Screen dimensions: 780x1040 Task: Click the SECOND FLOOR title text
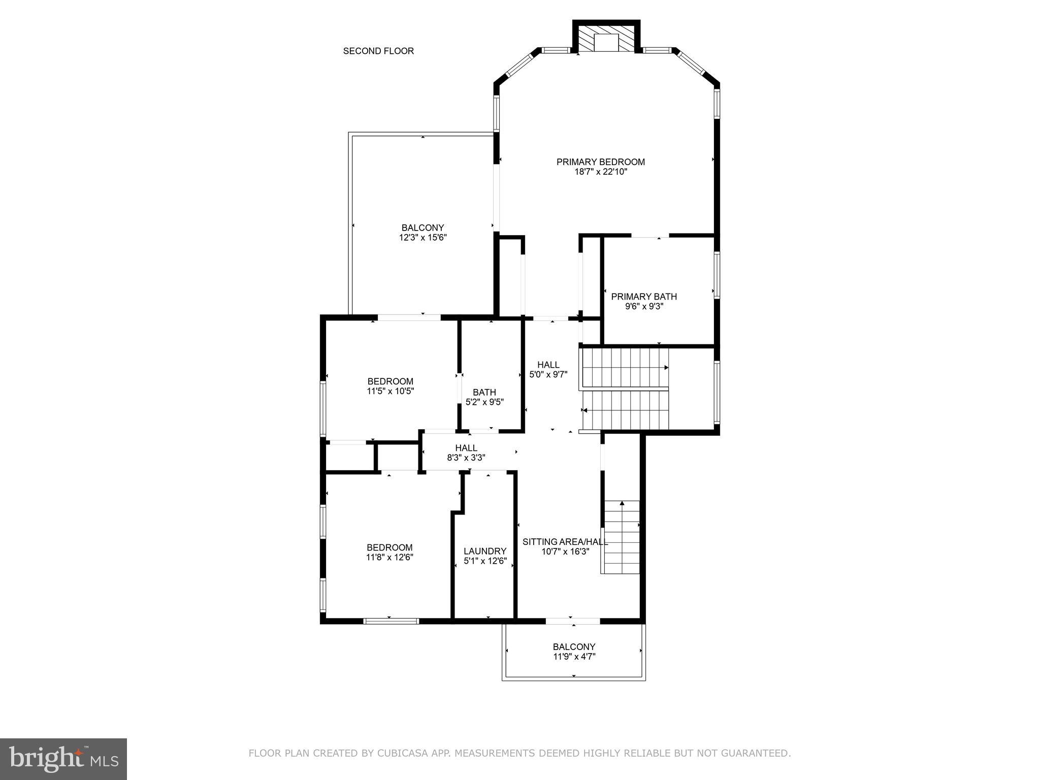click(x=378, y=51)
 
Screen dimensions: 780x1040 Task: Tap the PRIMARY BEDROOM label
click(x=600, y=162)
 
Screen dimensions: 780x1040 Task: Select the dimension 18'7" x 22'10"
click(x=600, y=172)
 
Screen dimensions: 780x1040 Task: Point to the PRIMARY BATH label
click(x=643, y=297)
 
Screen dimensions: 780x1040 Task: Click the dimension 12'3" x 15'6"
click(x=422, y=238)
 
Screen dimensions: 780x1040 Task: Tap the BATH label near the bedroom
click(x=484, y=392)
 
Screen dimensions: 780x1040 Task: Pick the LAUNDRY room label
click(x=485, y=551)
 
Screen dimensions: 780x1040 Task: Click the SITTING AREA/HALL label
click(x=565, y=542)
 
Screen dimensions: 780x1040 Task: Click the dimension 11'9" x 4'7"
click(x=574, y=657)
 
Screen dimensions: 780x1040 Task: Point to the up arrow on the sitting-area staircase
click(x=622, y=504)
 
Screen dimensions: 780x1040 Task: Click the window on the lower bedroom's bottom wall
click(x=391, y=621)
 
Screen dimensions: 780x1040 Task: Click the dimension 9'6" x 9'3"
click(x=643, y=307)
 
